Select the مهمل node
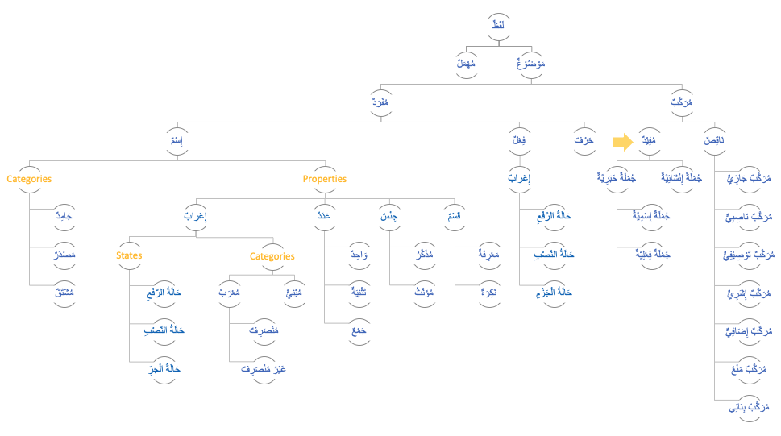[x=467, y=63]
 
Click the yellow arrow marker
[x=622, y=142]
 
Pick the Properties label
[x=325, y=179]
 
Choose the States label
[x=129, y=255]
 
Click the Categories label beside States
[x=272, y=256]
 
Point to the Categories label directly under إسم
[x=29, y=179]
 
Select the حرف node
[x=584, y=141]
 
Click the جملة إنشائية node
[x=682, y=177]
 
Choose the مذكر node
[x=422, y=254]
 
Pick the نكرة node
[x=488, y=291]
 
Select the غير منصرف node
[x=264, y=368]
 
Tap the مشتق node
[x=62, y=291]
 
